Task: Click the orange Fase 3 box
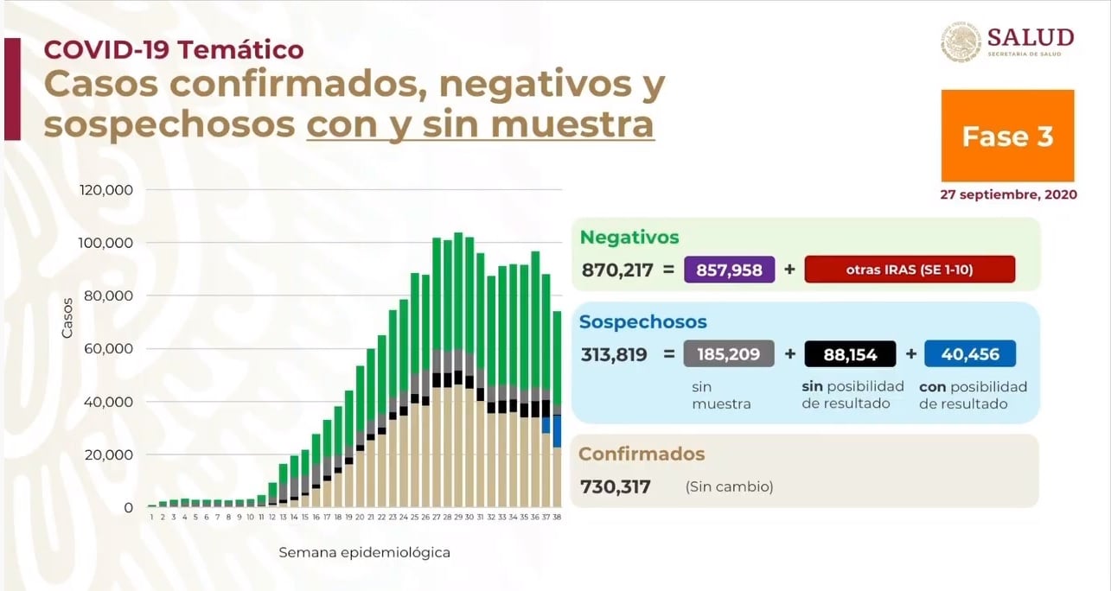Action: [x=1007, y=136]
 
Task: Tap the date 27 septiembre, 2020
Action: [x=1008, y=194]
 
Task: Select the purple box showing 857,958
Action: [x=730, y=270]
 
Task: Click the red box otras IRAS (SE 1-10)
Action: [x=909, y=270]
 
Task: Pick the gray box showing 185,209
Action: [x=729, y=353]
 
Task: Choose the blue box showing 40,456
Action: [x=969, y=353]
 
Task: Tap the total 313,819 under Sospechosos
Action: [x=615, y=353]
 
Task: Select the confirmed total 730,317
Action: [x=616, y=486]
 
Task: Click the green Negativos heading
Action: [x=629, y=237]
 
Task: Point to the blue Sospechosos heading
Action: [x=643, y=321]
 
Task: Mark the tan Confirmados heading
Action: [x=642, y=454]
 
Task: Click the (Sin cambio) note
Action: [x=729, y=486]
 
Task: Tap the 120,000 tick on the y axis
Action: [x=106, y=189]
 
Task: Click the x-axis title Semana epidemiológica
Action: [x=364, y=552]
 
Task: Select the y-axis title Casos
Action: [x=67, y=321]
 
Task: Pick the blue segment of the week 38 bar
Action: [x=558, y=431]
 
